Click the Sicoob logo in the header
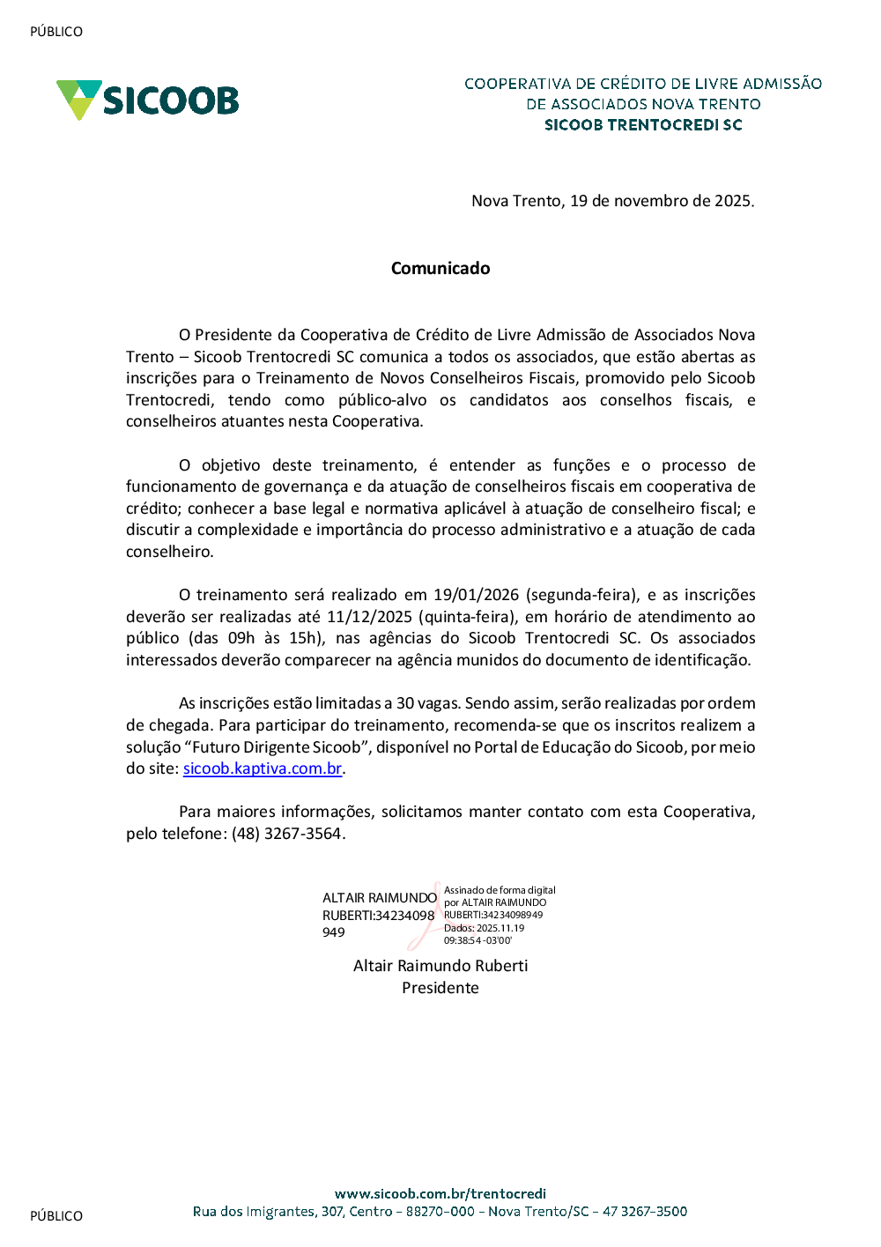click(148, 100)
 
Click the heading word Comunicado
click(440, 269)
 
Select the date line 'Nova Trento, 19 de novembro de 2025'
click(612, 201)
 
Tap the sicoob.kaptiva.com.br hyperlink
click(263, 768)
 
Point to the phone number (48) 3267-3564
click(287, 834)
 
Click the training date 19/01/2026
click(476, 595)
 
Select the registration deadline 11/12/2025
click(369, 617)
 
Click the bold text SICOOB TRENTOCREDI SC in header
click(643, 125)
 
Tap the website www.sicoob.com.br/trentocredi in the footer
click(440, 1194)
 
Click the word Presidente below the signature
click(440, 988)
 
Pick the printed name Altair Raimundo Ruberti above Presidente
click(440, 966)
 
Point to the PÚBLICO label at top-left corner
click(56, 32)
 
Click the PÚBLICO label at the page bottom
click(56, 1216)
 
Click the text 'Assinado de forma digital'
click(500, 890)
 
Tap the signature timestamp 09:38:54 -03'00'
click(478, 940)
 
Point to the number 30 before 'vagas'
click(405, 703)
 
